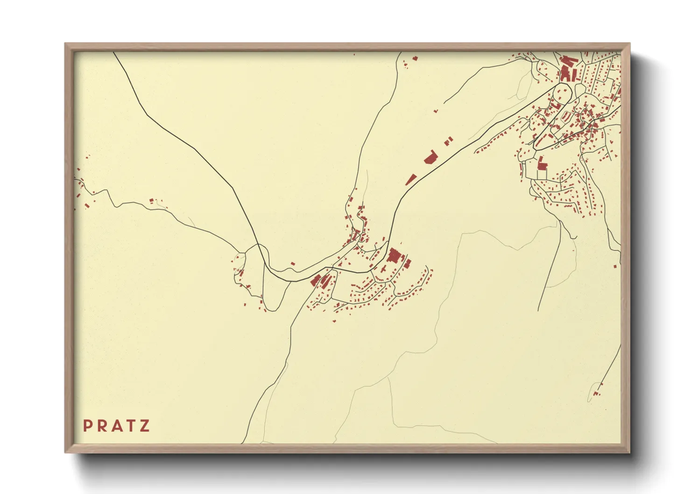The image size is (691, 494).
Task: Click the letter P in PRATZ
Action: point(87,426)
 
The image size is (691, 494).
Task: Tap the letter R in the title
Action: point(102,426)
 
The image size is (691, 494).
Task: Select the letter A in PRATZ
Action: point(116,426)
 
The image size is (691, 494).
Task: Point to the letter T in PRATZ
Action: point(131,426)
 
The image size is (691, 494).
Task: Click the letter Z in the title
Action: point(145,426)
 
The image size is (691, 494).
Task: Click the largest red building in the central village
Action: point(395,256)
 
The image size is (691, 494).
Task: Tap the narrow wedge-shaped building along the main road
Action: point(411,179)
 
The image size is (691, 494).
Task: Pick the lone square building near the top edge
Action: point(415,58)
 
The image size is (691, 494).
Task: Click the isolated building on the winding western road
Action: point(151,201)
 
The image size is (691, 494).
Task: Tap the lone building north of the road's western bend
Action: point(293,264)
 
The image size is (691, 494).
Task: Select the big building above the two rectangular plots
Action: point(542,164)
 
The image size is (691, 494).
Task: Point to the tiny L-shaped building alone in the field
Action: point(436,111)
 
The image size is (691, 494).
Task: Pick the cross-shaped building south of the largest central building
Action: point(383,270)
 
